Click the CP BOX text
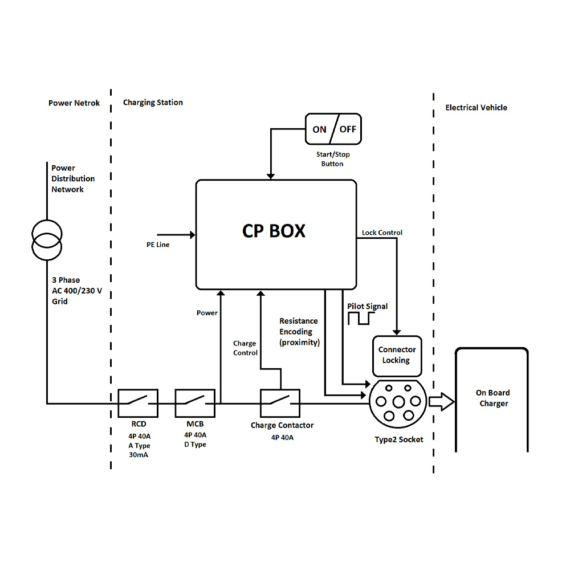coord(274,231)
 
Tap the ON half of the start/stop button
coord(319,129)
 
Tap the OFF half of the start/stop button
coord(348,129)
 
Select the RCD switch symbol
coord(138,404)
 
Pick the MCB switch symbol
coord(195,404)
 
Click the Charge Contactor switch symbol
coord(280,404)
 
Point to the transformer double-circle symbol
coord(47,239)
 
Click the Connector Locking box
coord(397,355)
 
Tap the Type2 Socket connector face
coord(398,402)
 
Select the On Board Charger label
coord(493,398)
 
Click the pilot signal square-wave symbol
coord(360,319)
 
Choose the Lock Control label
coord(382,233)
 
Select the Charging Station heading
coord(153,103)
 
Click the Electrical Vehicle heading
coord(476,107)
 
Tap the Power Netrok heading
coord(74,103)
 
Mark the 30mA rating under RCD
coord(138,455)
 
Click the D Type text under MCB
coord(195,445)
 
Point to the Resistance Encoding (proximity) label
coord(299,332)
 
